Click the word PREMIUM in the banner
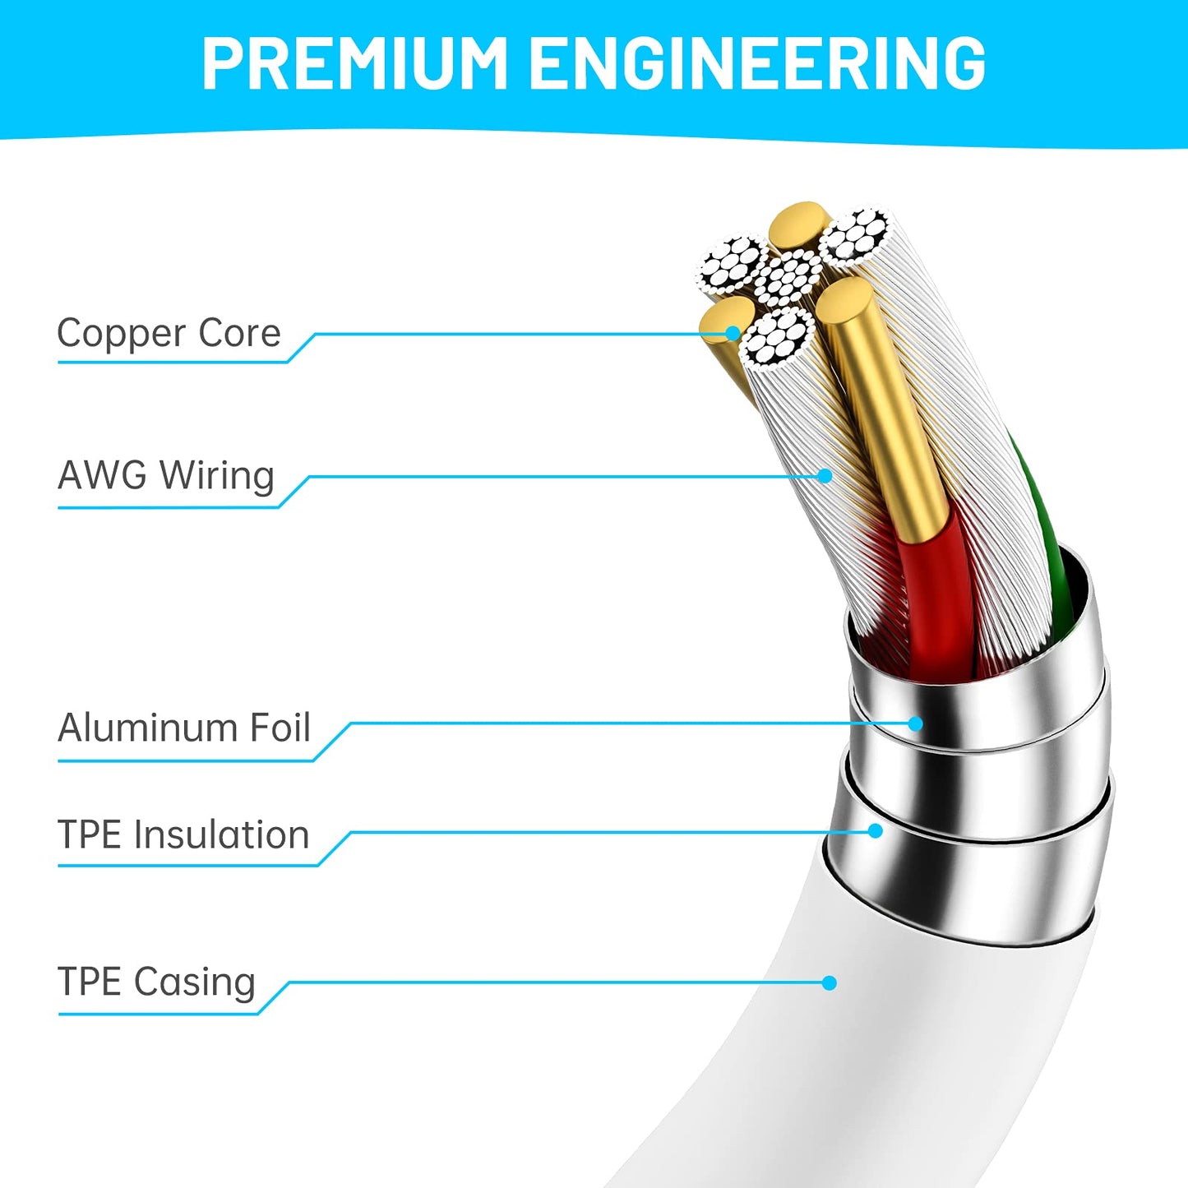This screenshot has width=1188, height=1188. point(354,63)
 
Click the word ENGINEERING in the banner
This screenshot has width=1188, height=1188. point(757,63)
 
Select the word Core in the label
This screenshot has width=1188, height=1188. point(240,333)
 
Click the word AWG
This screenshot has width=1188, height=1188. point(102,475)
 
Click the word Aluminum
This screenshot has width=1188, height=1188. point(146,728)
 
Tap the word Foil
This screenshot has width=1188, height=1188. point(280,728)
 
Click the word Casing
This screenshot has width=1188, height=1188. point(194,982)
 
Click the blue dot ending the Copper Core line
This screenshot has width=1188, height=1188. point(733,333)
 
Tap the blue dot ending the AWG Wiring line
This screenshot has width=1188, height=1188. point(825,476)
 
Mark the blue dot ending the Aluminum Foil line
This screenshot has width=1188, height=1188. point(916,723)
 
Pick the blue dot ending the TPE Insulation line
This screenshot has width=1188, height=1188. point(875,830)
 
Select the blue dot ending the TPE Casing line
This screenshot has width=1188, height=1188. point(830,982)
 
